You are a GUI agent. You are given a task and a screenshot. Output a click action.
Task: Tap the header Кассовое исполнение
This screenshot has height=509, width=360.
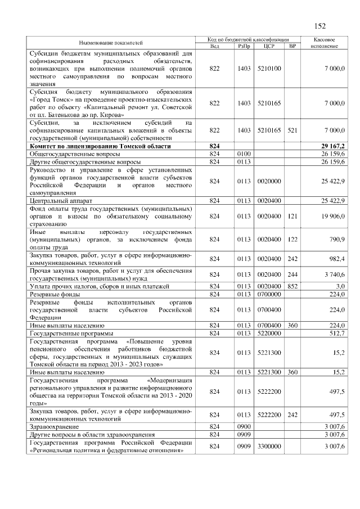click(x=323, y=43)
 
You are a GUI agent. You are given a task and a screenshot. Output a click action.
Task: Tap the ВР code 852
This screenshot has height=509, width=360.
click(x=292, y=286)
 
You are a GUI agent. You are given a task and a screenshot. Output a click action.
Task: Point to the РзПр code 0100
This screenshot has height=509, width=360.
click(x=244, y=154)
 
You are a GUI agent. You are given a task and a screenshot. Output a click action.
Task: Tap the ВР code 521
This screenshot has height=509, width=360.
click(x=292, y=130)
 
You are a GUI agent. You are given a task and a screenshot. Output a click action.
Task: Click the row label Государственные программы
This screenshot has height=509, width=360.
click(x=71, y=333)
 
